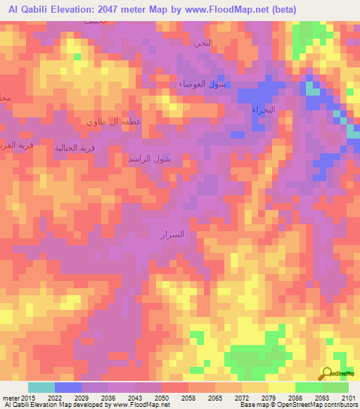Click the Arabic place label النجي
click(202, 43)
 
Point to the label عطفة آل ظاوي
click(114, 122)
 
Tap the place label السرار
click(173, 234)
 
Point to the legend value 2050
click(162, 398)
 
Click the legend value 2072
click(242, 398)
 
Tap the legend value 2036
click(108, 398)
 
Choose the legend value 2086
click(295, 398)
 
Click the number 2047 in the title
click(117, 9)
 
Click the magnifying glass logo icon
click(327, 374)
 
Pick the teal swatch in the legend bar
click(41, 387)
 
